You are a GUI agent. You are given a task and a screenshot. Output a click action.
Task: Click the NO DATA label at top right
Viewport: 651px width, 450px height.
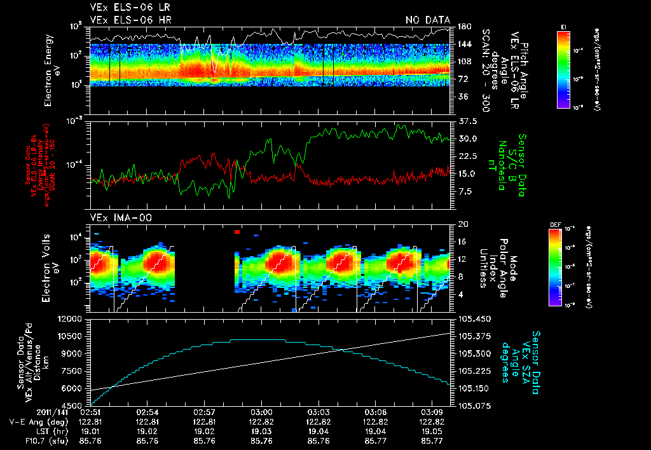point(428,20)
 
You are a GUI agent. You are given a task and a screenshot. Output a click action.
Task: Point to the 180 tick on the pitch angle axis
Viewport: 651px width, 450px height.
point(463,26)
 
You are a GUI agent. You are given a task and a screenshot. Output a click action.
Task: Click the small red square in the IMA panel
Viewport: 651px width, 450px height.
point(237,232)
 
